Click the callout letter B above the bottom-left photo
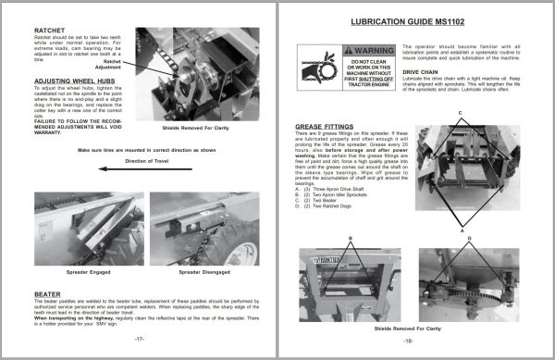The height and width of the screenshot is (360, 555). coord(351,238)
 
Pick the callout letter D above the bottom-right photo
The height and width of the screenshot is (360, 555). coord(469,238)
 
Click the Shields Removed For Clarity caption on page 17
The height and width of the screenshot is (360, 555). coord(189,130)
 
